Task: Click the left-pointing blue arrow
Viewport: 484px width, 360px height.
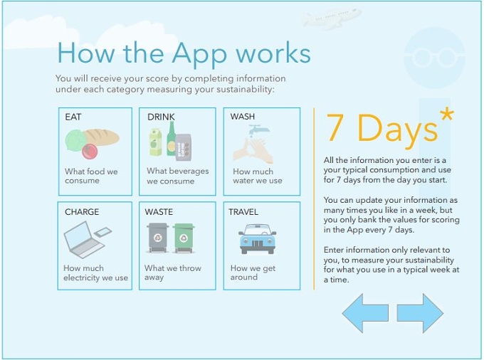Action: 365,313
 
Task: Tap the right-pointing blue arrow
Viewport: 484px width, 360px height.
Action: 420,313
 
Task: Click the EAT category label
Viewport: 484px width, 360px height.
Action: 73,117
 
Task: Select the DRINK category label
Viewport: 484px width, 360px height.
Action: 161,117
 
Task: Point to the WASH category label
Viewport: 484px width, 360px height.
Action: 243,117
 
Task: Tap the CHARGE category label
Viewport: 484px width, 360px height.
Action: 82,212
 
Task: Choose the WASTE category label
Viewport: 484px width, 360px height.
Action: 159,212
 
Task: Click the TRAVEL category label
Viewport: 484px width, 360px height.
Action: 243,212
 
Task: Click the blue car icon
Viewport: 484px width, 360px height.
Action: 258,239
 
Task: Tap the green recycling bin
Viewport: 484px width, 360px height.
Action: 184,238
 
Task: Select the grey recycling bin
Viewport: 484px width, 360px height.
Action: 158,238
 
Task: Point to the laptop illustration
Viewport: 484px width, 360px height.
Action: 84,239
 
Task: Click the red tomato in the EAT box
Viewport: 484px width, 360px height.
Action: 90,151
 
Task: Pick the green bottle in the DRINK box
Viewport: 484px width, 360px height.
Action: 172,138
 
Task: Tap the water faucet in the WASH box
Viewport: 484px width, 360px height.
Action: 256,129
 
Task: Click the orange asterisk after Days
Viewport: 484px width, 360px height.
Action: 447,115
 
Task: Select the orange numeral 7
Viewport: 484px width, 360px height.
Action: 335,127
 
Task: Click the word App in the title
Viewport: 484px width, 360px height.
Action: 199,53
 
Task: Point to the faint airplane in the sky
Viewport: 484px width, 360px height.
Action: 331,18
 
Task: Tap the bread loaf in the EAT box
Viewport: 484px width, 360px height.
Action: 102,137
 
